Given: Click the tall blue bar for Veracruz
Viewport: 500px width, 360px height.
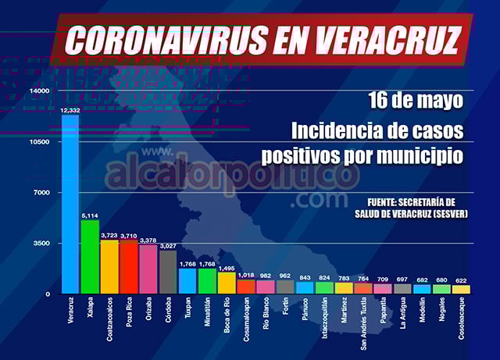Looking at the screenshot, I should [71, 205].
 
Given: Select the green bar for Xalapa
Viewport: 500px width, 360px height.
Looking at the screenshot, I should [91, 257].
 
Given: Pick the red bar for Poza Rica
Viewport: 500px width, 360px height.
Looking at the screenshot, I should [130, 267].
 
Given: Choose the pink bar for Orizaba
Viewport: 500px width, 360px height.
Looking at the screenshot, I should [148, 269].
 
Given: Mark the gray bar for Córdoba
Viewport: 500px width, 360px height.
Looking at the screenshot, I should [168, 272].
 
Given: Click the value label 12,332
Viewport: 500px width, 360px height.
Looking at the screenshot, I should [70, 111].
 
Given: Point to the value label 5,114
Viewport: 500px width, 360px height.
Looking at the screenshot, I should [91, 214].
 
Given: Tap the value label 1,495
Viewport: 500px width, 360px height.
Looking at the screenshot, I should [227, 266].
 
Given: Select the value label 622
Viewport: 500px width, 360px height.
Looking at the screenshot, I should [462, 279].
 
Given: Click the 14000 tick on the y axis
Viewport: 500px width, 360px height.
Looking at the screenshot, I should [39, 91].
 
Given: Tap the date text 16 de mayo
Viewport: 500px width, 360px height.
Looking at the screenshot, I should [416, 101].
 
